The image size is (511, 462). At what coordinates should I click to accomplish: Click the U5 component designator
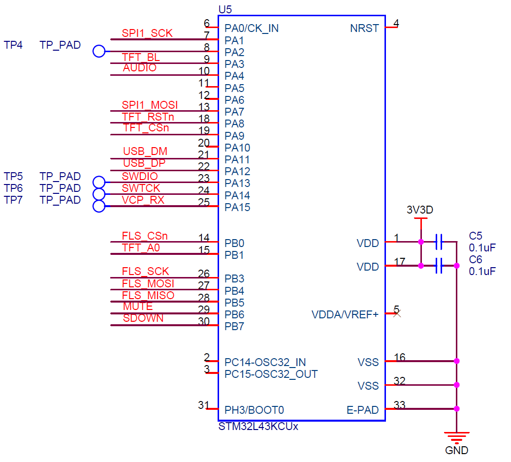(x=224, y=9)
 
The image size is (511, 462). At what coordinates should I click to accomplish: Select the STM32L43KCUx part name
(x=258, y=427)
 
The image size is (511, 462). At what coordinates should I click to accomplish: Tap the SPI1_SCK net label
(x=147, y=33)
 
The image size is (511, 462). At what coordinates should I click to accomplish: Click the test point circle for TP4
(x=99, y=51)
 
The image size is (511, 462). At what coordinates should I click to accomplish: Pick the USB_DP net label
(x=144, y=163)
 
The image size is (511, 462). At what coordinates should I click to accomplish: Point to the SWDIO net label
(x=140, y=176)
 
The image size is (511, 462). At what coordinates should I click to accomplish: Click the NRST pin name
(x=364, y=28)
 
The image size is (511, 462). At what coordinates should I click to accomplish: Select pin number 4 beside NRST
(x=396, y=23)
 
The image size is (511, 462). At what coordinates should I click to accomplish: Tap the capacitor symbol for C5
(x=439, y=242)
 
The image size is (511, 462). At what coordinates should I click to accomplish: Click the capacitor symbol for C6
(x=439, y=266)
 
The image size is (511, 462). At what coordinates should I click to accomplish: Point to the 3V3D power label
(x=420, y=210)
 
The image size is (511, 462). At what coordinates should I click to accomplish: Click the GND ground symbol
(x=456, y=436)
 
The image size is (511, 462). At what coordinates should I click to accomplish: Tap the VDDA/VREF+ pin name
(x=345, y=314)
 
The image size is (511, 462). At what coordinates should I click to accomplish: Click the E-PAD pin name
(x=362, y=410)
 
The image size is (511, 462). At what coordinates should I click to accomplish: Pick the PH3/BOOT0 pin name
(x=254, y=410)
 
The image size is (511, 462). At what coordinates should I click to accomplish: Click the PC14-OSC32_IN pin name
(x=265, y=363)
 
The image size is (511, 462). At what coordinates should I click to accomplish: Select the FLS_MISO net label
(x=148, y=295)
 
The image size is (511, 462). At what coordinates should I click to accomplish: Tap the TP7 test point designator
(x=13, y=200)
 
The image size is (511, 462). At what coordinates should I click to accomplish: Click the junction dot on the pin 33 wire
(x=456, y=408)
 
